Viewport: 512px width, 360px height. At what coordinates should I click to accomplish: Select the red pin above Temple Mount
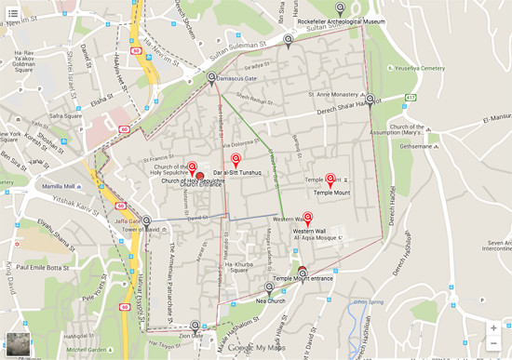pyautogui.click(x=330, y=179)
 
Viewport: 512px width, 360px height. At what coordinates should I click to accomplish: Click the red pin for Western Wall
pyautogui.click(x=308, y=219)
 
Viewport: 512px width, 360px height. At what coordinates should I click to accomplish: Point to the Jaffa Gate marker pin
pyautogui.click(x=146, y=221)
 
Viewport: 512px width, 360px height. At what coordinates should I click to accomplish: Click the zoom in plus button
pyautogui.click(x=493, y=327)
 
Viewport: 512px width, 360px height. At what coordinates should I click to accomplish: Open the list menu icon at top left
pyautogui.click(x=13, y=13)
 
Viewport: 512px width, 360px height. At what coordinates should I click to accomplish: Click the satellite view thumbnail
pyautogui.click(x=18, y=343)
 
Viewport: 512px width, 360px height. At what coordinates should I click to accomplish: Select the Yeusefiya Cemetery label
pyautogui.click(x=421, y=68)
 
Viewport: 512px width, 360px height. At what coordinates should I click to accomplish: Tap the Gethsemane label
pyautogui.click(x=415, y=145)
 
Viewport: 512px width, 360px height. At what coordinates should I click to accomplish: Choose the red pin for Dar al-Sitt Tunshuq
pyautogui.click(x=236, y=161)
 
